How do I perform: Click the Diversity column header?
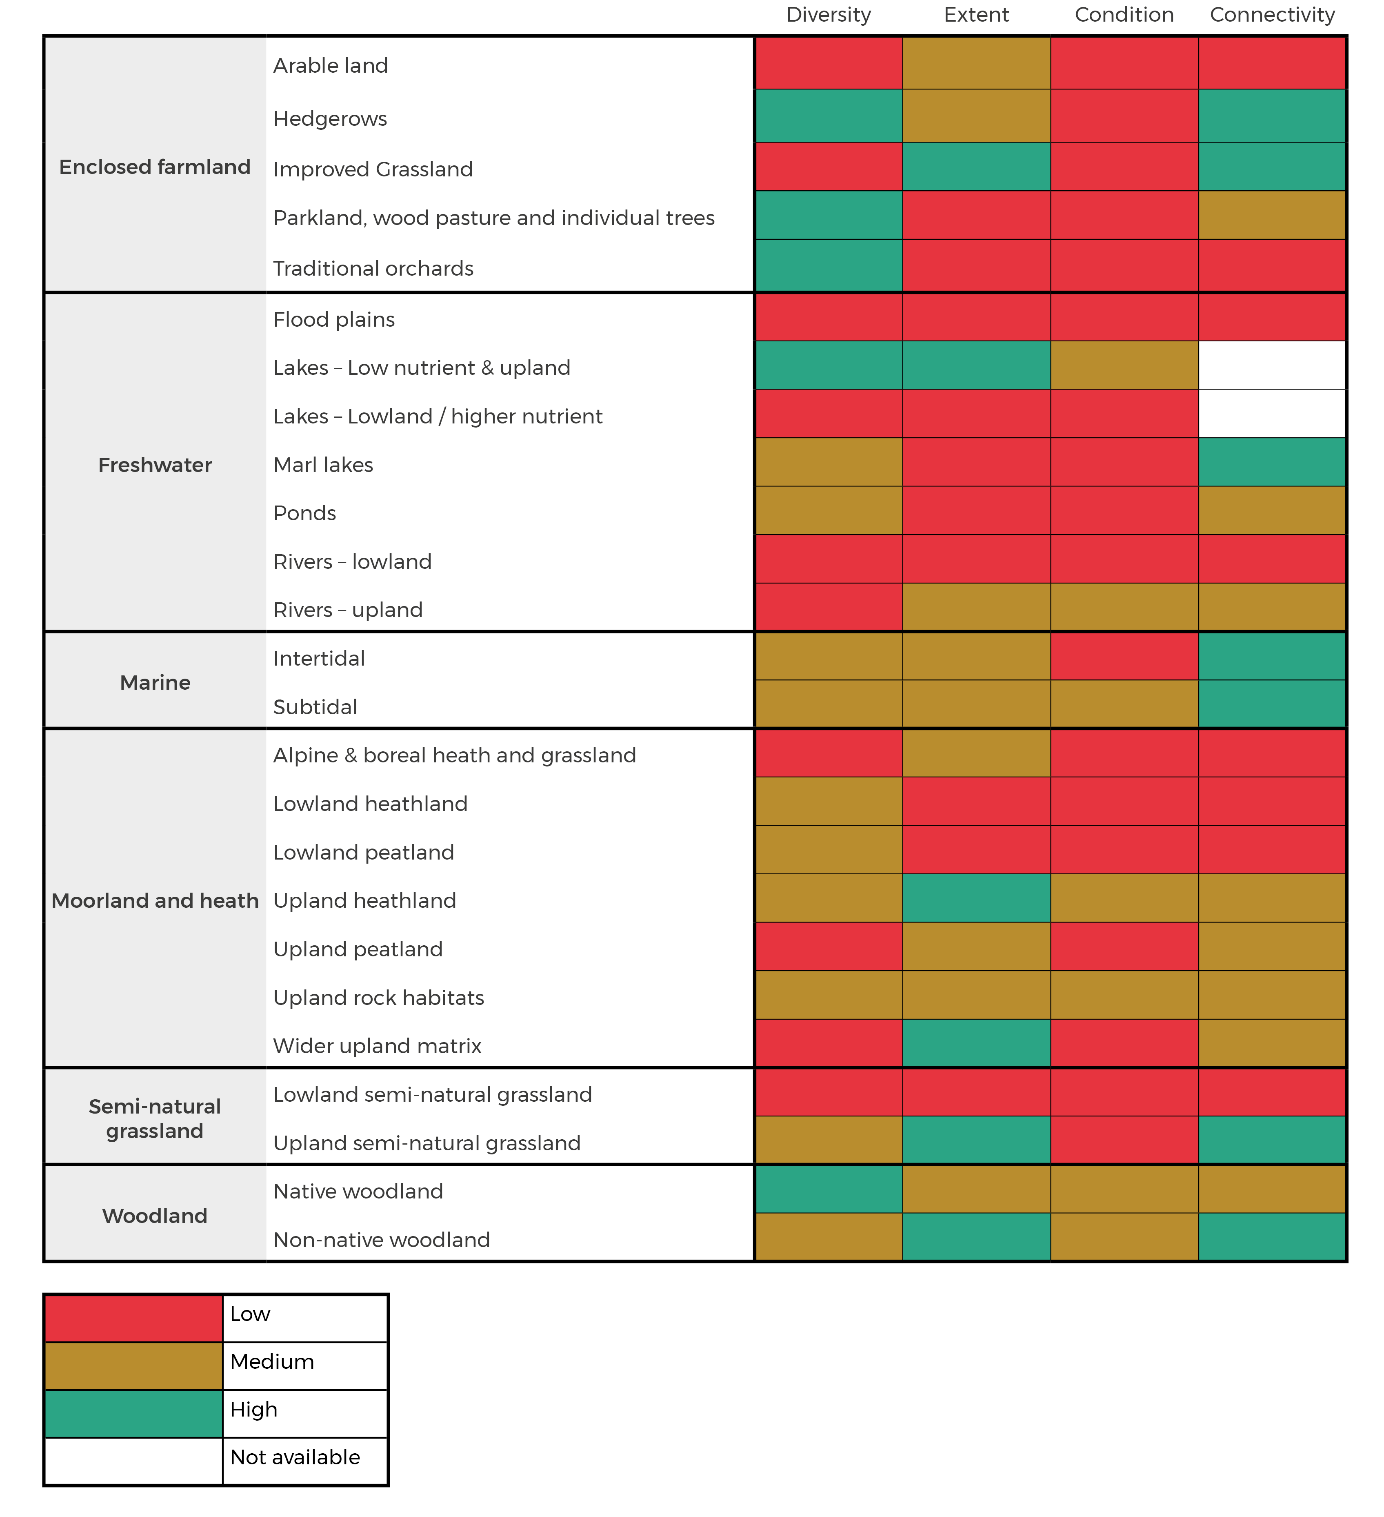click(x=828, y=15)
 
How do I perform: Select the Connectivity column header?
click(x=1272, y=15)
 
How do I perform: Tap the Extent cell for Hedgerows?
click(x=976, y=116)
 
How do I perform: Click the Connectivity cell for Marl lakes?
click(x=1272, y=462)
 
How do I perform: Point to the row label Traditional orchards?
click(x=373, y=269)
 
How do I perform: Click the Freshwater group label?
click(x=155, y=465)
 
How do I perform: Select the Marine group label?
click(x=155, y=682)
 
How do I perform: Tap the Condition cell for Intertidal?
click(x=1124, y=656)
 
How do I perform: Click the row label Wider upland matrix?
click(x=377, y=1046)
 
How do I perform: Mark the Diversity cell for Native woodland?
click(x=828, y=1190)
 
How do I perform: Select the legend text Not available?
click(x=295, y=1457)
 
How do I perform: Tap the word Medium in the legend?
click(x=271, y=1362)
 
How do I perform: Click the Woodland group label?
click(x=155, y=1216)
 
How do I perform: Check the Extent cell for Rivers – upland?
click(x=976, y=607)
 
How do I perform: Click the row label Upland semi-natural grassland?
click(x=427, y=1143)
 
